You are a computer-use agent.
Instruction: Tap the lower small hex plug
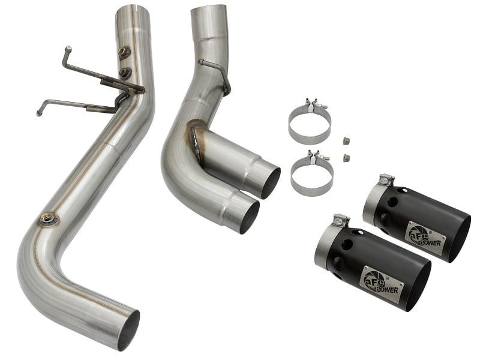346,158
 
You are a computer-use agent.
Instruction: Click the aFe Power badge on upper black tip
426,234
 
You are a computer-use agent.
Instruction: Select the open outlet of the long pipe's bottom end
128,329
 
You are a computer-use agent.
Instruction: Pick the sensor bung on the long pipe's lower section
47,219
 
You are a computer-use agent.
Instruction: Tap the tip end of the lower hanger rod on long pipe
39,112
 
